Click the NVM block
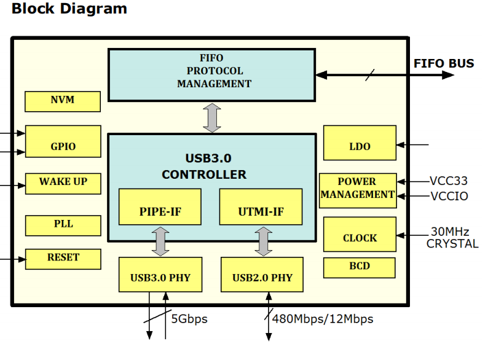(63, 101)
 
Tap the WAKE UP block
(63, 183)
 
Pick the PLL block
(63, 225)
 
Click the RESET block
(63, 259)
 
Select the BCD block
(360, 267)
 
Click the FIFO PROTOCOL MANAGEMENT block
(211, 74)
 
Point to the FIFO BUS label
(444, 63)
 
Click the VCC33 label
(449, 181)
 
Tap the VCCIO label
(449, 197)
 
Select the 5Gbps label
(189, 319)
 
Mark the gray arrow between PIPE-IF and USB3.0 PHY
(161, 241)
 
